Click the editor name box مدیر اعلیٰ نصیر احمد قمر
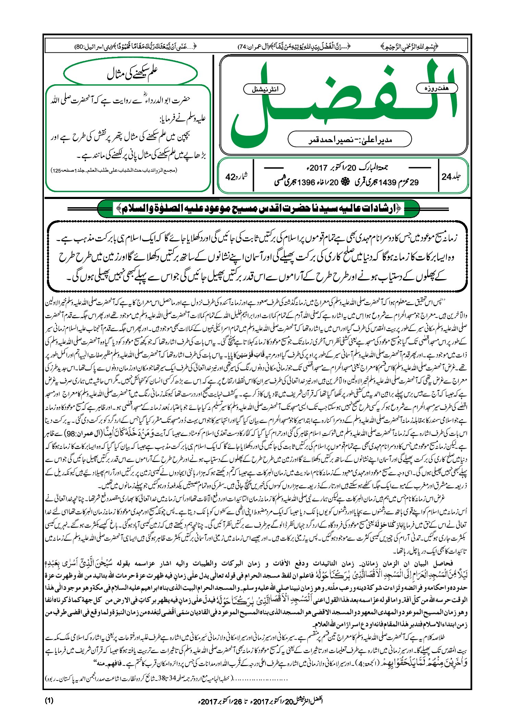pyautogui.click(x=350, y=139)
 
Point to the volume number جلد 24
pyautogui.click(x=451, y=176)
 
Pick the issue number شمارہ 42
pyautogui.click(x=236, y=177)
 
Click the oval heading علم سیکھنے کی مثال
pyautogui.click(x=131, y=73)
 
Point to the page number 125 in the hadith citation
pyautogui.click(x=57, y=170)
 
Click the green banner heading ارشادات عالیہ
pyautogui.click(x=258, y=208)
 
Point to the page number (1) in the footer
pyautogui.click(x=49, y=700)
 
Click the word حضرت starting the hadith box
pyautogui.click(x=181, y=100)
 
